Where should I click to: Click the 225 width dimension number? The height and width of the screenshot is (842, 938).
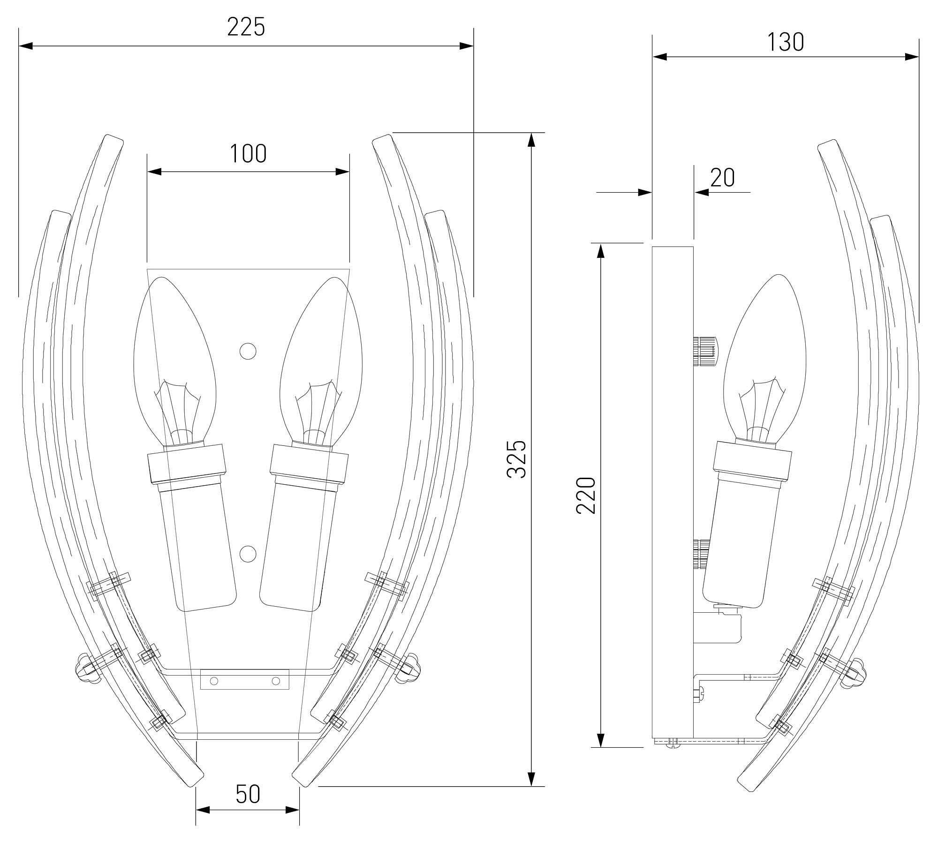pyautogui.click(x=246, y=27)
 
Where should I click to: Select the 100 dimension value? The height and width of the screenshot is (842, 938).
pyautogui.click(x=248, y=153)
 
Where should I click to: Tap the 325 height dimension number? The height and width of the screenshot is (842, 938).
pyautogui.click(x=517, y=459)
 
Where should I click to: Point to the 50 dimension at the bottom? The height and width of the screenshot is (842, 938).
pyautogui.click(x=248, y=794)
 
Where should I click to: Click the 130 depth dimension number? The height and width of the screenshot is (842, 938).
pyautogui.click(x=786, y=42)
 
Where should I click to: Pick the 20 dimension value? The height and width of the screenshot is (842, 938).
pyautogui.click(x=723, y=178)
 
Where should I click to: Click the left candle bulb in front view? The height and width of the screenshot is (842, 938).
pyautogui.click(x=174, y=361)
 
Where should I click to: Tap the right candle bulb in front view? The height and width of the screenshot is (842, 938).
pyautogui.click(x=321, y=361)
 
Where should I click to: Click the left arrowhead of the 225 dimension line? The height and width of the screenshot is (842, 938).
pyautogui.click(x=25, y=46)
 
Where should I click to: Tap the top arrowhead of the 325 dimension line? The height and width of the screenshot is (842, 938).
pyautogui.click(x=531, y=140)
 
